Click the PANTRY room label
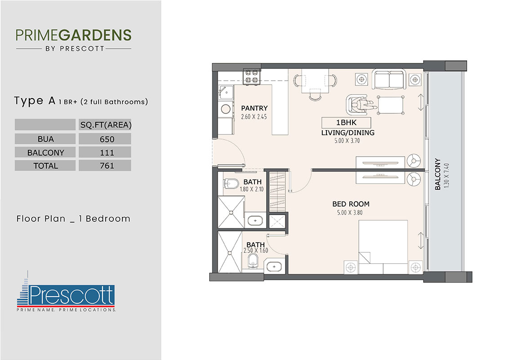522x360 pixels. coord(254,108)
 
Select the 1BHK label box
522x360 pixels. coord(346,123)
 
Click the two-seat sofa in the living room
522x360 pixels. coord(389,80)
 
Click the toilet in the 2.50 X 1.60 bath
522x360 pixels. coord(252,261)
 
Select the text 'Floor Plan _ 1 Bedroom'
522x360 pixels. coord(73,219)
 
